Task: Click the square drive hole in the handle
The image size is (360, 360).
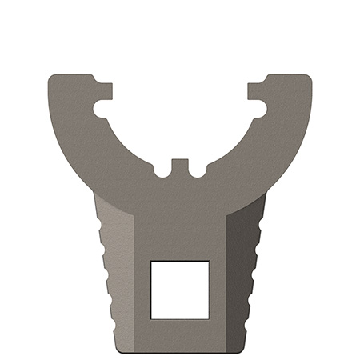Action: pos(180,289)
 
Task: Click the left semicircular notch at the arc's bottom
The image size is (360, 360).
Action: pos(162,170)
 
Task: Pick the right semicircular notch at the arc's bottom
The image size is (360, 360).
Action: pos(197,170)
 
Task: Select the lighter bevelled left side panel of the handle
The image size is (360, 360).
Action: pos(124,272)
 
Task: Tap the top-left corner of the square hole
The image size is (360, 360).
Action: pos(152,262)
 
